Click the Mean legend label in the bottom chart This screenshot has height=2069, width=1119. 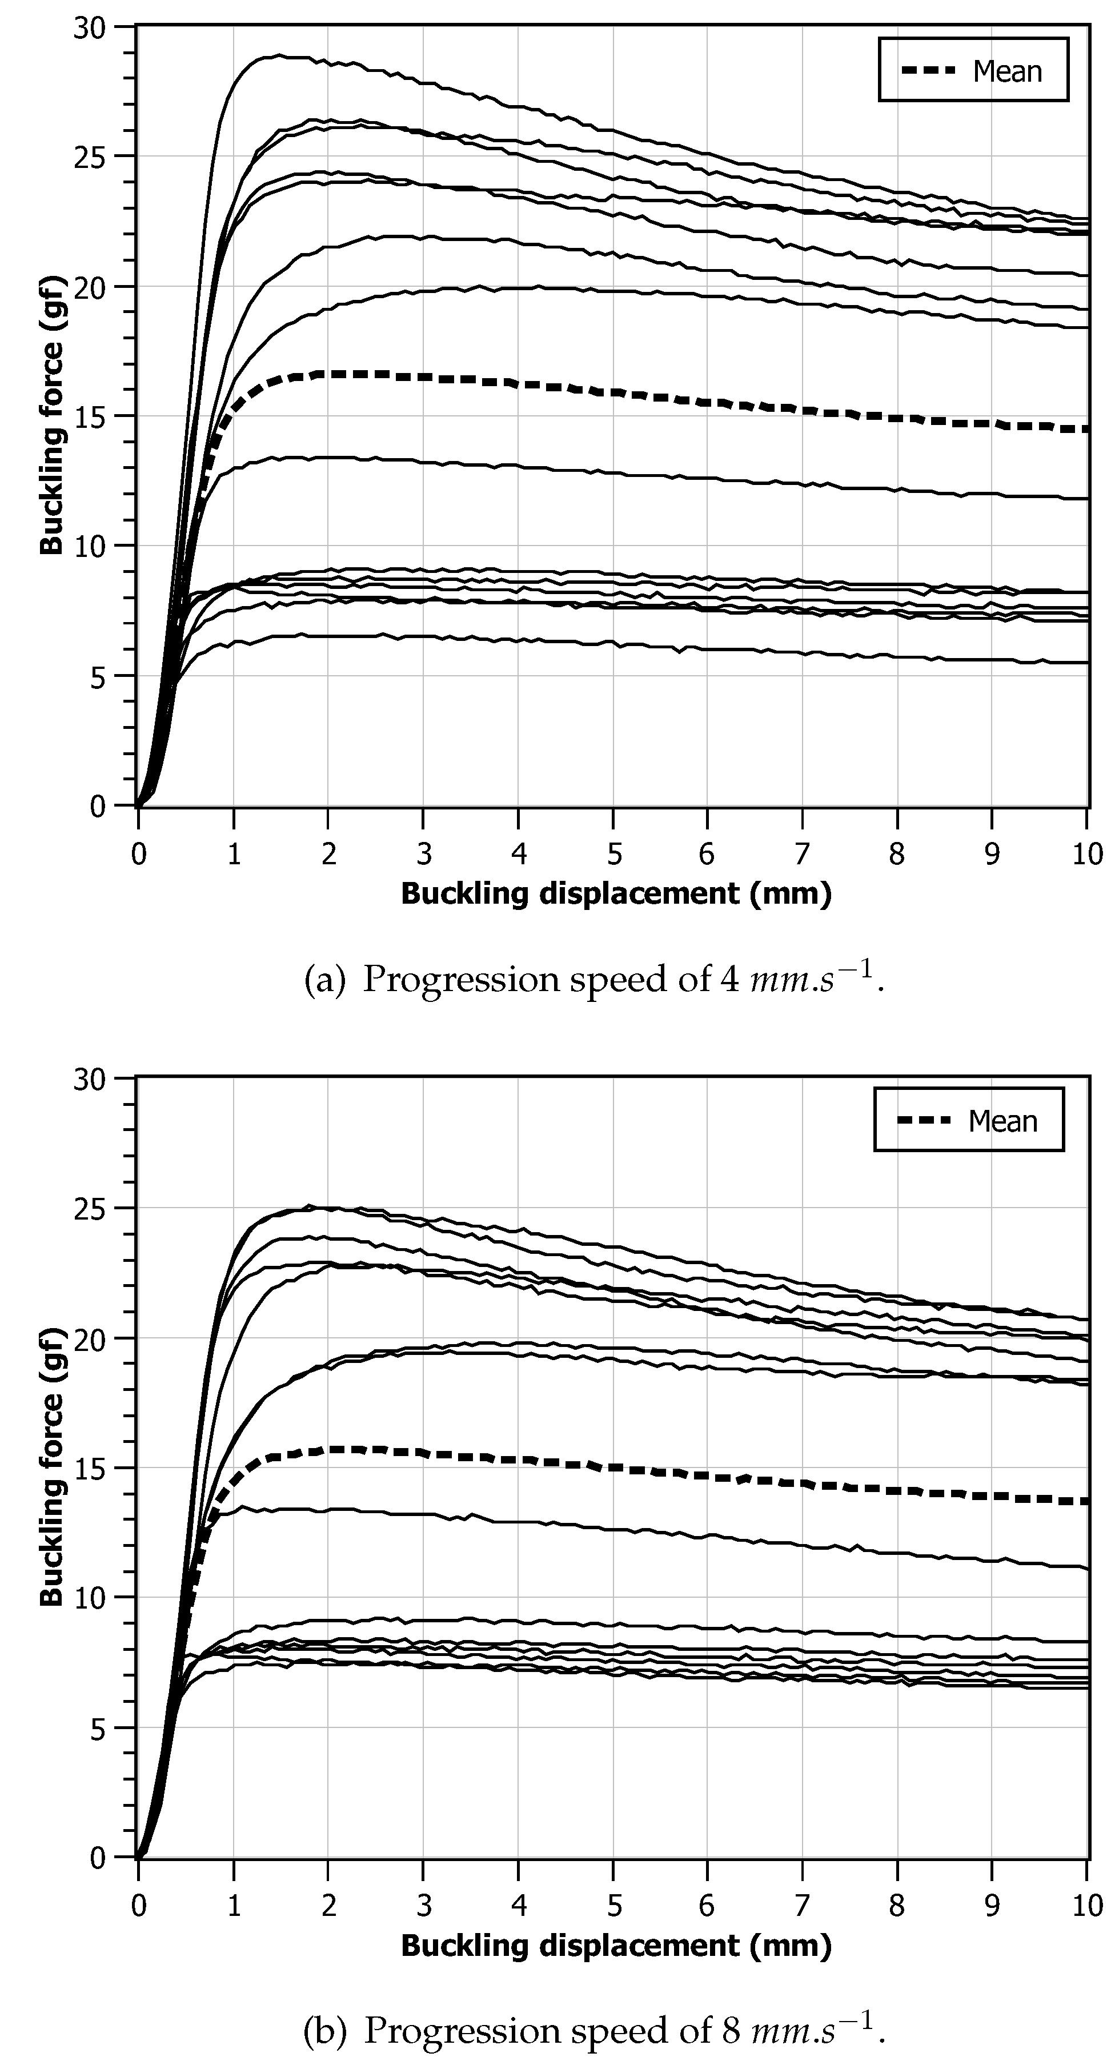pos(1002,1121)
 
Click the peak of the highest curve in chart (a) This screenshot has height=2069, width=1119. pos(278,55)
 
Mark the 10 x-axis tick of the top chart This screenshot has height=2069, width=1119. pos(1087,854)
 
